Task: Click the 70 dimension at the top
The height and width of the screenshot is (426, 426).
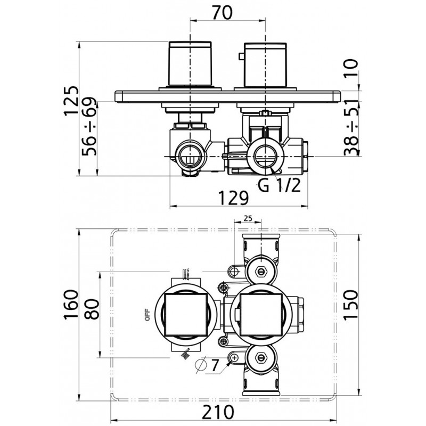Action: [x=222, y=12]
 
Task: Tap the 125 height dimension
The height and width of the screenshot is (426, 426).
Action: [x=71, y=101]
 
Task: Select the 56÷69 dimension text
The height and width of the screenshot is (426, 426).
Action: [x=89, y=127]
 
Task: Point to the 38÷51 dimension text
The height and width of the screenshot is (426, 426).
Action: [x=351, y=127]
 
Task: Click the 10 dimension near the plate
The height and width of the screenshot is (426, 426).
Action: [x=351, y=69]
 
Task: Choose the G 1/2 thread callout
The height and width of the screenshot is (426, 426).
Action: [x=279, y=186]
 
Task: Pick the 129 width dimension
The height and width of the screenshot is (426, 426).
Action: [x=234, y=198]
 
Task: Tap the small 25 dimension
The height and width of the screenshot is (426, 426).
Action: [x=248, y=218]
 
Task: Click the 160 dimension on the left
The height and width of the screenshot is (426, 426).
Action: [x=71, y=305]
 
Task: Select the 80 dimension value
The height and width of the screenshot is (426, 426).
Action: [x=92, y=309]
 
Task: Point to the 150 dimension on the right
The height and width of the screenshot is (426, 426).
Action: [x=351, y=305]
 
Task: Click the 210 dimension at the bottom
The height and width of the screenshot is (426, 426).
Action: [x=218, y=412]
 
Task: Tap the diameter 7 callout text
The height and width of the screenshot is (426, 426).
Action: [x=207, y=365]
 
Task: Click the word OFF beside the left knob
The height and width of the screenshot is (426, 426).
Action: [x=148, y=315]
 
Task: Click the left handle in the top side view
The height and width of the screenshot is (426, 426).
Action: [x=190, y=63]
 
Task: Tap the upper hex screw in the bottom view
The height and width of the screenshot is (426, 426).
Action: [x=261, y=271]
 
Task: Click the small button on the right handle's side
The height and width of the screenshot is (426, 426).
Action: [x=241, y=56]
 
